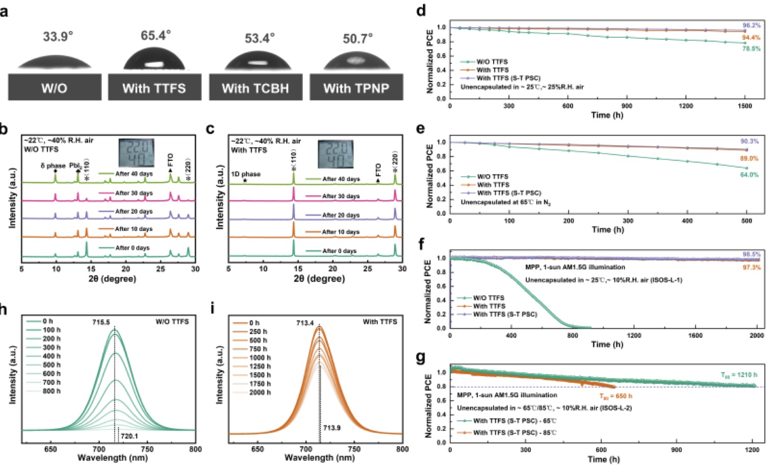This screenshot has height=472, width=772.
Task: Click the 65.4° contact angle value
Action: [x=156, y=36]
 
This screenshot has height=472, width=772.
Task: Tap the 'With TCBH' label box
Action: [x=255, y=88]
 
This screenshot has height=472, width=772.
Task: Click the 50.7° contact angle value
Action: [x=357, y=39]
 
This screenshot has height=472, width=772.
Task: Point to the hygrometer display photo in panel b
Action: [x=136, y=153]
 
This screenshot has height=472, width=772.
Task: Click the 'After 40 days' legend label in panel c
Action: [x=341, y=179]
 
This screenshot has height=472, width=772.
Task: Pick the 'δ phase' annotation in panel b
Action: [x=53, y=166]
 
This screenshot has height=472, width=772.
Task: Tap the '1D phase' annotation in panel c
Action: [x=246, y=174]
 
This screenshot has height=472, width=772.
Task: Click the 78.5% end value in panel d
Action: [x=751, y=49]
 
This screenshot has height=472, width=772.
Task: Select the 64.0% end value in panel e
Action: [x=749, y=175]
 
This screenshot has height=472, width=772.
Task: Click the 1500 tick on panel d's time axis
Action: [x=744, y=106]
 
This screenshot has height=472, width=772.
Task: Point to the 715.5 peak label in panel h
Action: [x=101, y=323]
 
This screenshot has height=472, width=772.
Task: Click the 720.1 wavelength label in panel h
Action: [x=129, y=436]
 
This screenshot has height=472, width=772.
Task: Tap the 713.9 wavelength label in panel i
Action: [x=331, y=428]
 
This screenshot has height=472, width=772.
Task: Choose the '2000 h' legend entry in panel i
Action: [x=260, y=392]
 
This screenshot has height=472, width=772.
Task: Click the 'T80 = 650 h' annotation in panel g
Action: [x=615, y=396]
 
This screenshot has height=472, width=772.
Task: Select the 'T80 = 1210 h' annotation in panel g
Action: [x=739, y=375]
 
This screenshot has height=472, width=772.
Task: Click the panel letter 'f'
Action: [x=421, y=244]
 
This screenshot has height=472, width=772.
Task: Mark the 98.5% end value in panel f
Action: [x=751, y=254]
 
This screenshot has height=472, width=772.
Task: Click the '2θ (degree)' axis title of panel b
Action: [x=112, y=279]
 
